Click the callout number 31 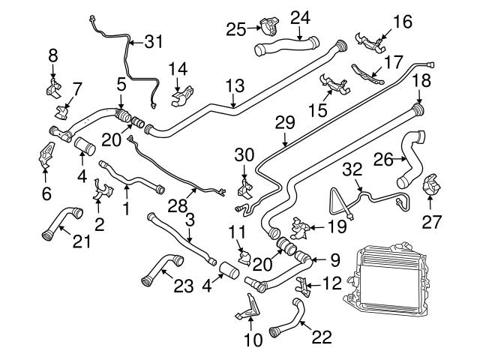point(153,42)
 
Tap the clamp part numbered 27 point(433,187)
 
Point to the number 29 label point(285,121)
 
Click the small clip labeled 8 point(52,88)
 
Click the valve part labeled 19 point(300,224)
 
